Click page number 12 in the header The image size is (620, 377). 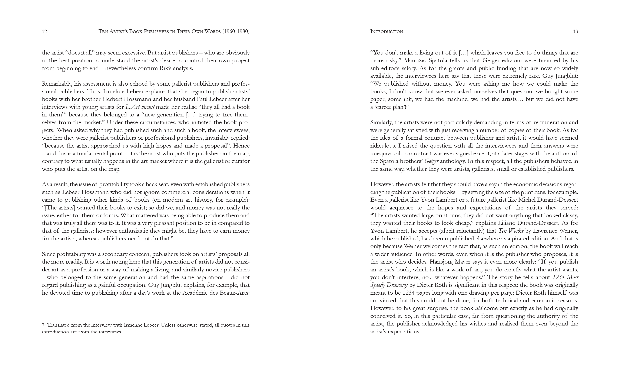coord(44,32)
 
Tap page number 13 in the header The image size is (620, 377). coord(575,32)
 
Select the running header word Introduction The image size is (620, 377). coord(387,32)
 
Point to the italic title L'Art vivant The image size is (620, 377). coord(140,107)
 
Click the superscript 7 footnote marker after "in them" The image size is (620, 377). coord(66,113)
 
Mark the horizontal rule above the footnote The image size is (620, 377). coord(94,319)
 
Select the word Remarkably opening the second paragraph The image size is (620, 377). coord(57,84)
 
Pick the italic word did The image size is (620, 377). coord(479,308)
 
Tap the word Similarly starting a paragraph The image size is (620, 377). coord(381,123)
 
